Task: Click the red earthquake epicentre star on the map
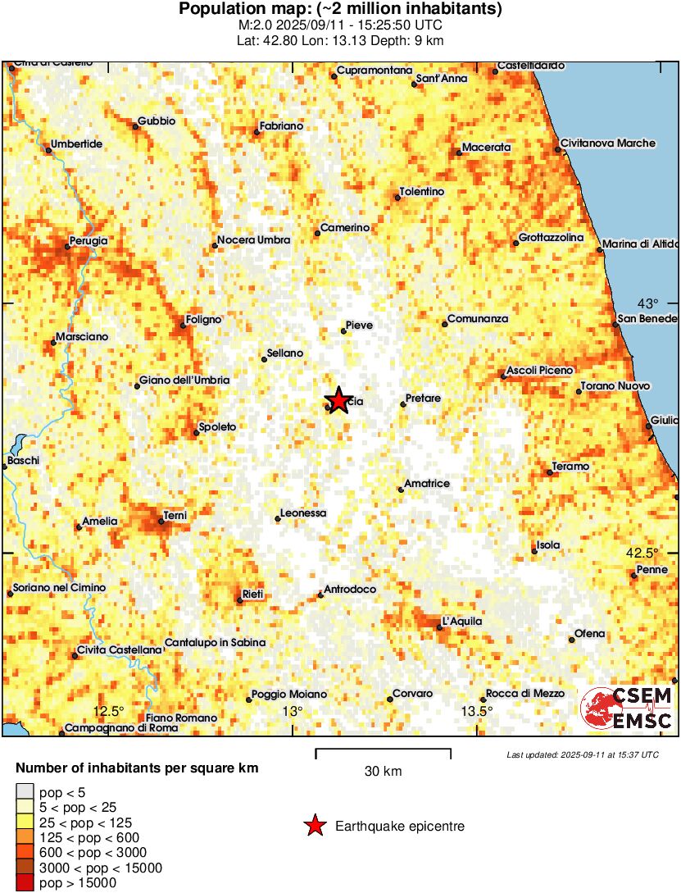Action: (x=338, y=400)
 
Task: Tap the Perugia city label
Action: (x=89, y=241)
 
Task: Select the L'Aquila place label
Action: (x=461, y=621)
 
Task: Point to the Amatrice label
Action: (x=427, y=484)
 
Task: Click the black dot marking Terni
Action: (x=161, y=522)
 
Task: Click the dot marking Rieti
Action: (x=239, y=600)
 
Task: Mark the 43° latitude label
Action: (x=648, y=302)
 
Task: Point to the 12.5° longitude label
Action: (x=107, y=711)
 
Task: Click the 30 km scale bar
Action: (x=383, y=749)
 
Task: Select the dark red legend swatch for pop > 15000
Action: (x=25, y=883)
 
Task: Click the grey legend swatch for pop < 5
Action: (x=25, y=791)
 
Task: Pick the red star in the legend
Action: (x=314, y=827)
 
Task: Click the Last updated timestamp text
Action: (x=582, y=754)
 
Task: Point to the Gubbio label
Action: (x=157, y=121)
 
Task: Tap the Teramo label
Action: (x=570, y=467)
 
